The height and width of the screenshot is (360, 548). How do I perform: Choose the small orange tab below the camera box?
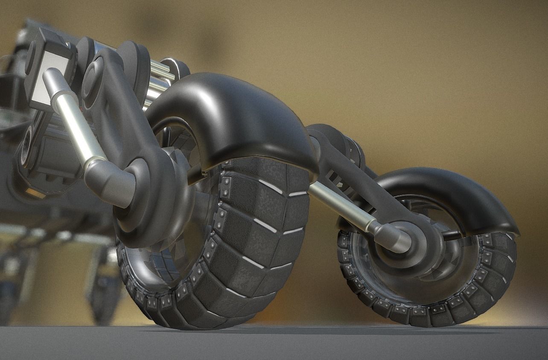[34, 192]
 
